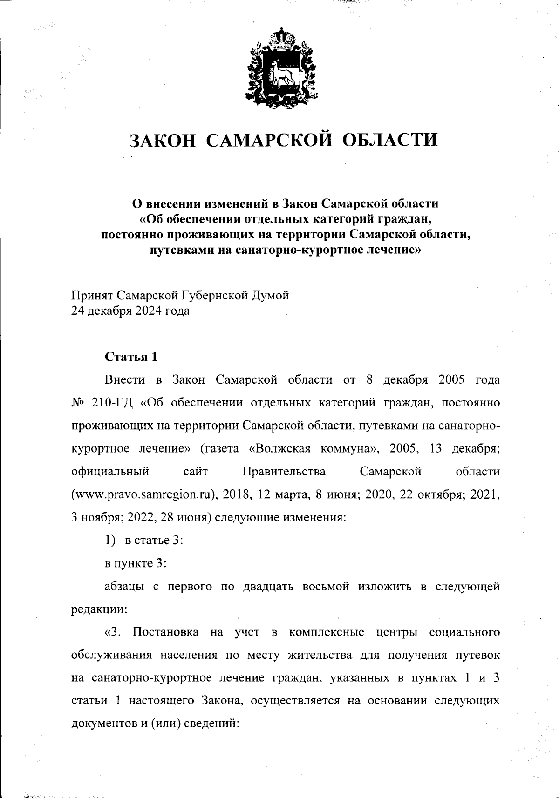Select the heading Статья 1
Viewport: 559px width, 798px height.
(x=131, y=357)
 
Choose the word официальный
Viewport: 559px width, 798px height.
(x=110, y=472)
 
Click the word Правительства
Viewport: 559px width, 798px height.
(x=284, y=472)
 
